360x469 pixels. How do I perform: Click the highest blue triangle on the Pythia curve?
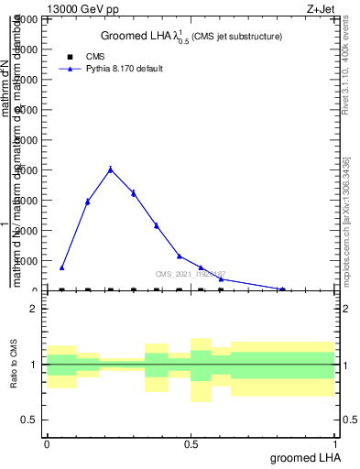click(x=110, y=169)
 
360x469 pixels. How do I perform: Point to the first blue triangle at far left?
click(x=61, y=267)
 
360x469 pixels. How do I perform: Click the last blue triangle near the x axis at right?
click(x=283, y=289)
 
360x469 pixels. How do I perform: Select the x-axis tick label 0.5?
click(x=191, y=443)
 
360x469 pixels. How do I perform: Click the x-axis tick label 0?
click(x=47, y=443)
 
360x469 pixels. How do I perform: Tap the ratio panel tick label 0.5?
click(x=30, y=420)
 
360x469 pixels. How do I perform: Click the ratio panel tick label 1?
click(x=34, y=365)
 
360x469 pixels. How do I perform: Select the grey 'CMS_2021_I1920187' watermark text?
click(x=190, y=274)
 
